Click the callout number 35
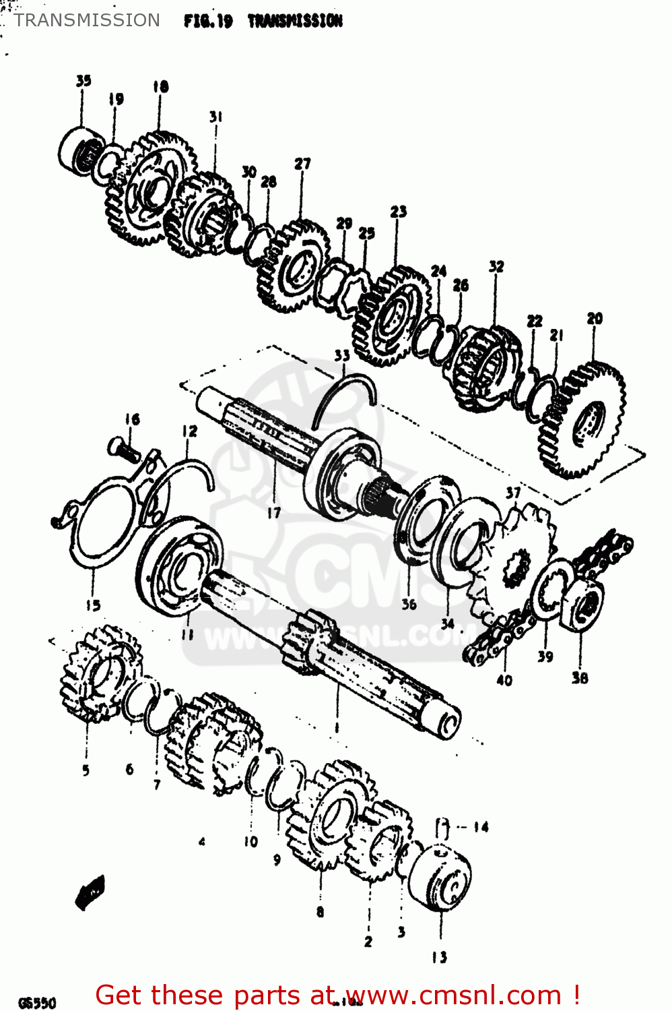click(83, 81)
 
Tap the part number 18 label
click(160, 86)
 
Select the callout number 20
click(595, 318)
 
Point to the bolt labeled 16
click(123, 448)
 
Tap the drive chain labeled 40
click(498, 640)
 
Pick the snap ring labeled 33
click(343, 398)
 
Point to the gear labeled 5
click(101, 671)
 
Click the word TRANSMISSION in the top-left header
click(87, 20)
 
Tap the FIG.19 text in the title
click(208, 21)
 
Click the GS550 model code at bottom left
click(37, 1002)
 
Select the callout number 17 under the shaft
click(273, 513)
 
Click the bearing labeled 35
click(79, 150)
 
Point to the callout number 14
click(480, 827)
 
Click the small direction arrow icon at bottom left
click(90, 891)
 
